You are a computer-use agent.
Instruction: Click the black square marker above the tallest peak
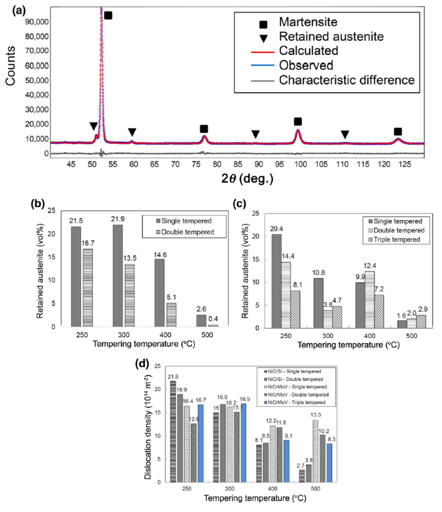tap(108, 15)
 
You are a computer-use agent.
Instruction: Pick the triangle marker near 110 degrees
tap(345, 134)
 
